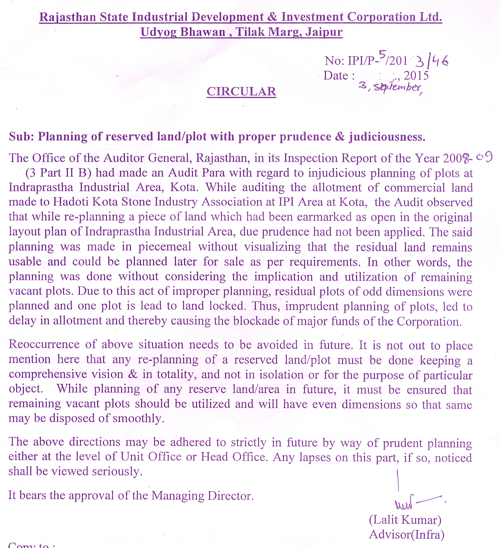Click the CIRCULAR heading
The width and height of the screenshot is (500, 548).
tap(241, 91)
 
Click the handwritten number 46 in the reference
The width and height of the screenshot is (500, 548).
tap(440, 62)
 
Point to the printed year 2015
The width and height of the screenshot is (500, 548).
tap(416, 75)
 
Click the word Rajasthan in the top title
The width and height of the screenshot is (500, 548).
tap(67, 17)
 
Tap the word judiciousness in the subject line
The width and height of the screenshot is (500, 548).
tap(387, 137)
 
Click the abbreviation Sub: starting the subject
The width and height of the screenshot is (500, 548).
tap(21, 137)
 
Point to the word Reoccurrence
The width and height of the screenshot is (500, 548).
tap(44, 344)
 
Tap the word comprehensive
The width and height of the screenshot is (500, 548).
tap(48, 374)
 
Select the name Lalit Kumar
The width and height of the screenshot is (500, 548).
tap(405, 520)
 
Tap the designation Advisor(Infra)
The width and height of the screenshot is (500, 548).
tap(406, 535)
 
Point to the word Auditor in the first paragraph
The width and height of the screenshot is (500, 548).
tap(124, 158)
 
